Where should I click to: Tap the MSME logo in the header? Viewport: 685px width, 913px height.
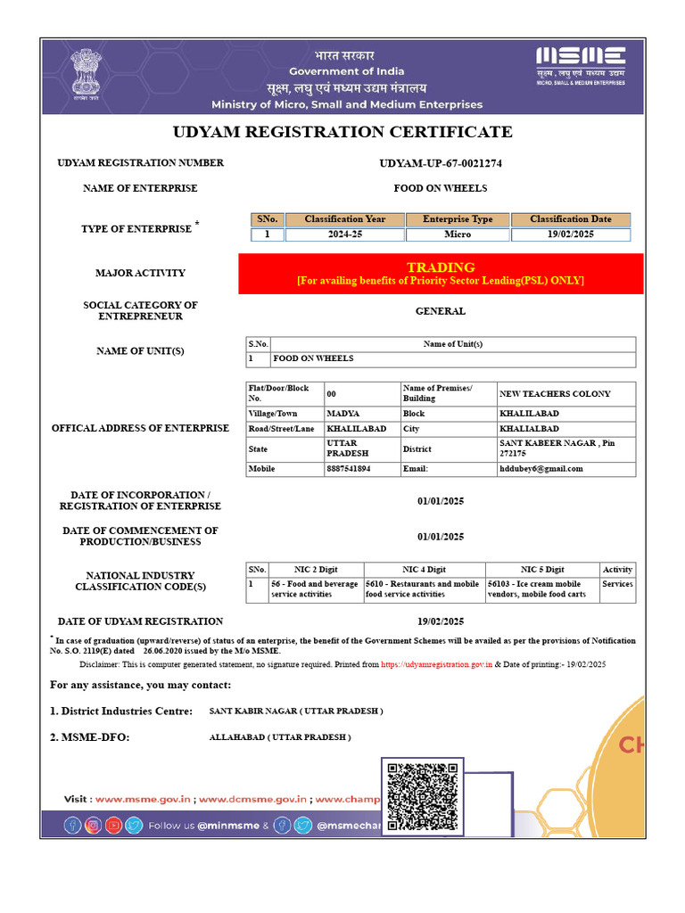[x=580, y=64]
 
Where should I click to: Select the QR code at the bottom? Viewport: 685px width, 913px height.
[x=423, y=797]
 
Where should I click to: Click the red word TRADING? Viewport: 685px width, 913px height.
[x=441, y=267]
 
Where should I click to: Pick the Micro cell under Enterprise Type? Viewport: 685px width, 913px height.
[x=458, y=234]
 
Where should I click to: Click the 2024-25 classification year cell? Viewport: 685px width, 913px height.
[x=345, y=234]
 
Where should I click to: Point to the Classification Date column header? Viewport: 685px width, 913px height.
[x=571, y=219]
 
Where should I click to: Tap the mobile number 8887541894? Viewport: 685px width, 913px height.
[x=349, y=468]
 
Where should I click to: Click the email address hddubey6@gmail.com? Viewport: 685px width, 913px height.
[x=541, y=468]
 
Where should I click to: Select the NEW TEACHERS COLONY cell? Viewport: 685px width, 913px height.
[x=555, y=393]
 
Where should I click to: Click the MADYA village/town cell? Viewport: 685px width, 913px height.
[x=343, y=414]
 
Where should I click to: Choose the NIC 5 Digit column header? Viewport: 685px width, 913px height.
[x=542, y=569]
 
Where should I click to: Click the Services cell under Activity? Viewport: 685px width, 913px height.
[x=617, y=584]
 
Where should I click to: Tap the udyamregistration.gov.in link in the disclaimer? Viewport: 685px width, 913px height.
[x=437, y=664]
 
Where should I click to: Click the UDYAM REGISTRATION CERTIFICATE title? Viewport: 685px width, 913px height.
[x=342, y=132]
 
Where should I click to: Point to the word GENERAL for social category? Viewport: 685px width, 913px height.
[x=441, y=311]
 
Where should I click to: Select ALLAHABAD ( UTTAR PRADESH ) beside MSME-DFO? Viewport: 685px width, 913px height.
[x=280, y=737]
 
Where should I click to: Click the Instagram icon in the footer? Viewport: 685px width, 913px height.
[x=93, y=826]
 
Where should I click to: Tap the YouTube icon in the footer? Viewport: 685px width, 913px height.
[x=112, y=826]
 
